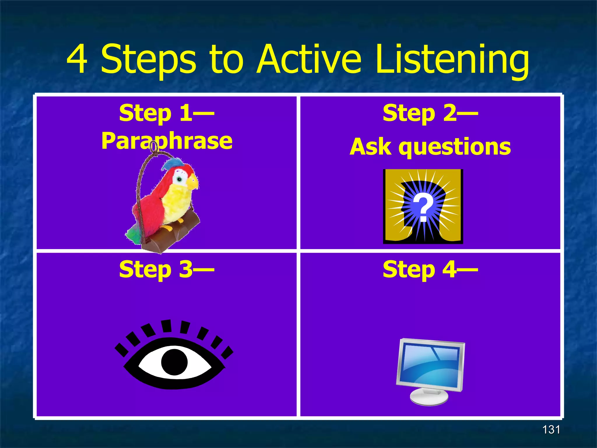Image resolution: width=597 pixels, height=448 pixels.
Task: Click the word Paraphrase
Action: (167, 141)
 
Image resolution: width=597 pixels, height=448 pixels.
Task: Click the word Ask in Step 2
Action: (371, 147)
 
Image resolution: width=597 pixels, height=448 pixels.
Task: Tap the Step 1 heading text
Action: (167, 113)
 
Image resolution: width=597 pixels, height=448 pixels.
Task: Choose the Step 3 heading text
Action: (167, 269)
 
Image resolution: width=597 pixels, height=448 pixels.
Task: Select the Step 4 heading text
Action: (430, 269)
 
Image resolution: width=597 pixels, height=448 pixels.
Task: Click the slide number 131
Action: (551, 430)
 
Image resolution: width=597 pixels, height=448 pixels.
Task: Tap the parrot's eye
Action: (180, 179)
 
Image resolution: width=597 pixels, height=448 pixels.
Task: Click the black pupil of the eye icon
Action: (174, 362)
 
